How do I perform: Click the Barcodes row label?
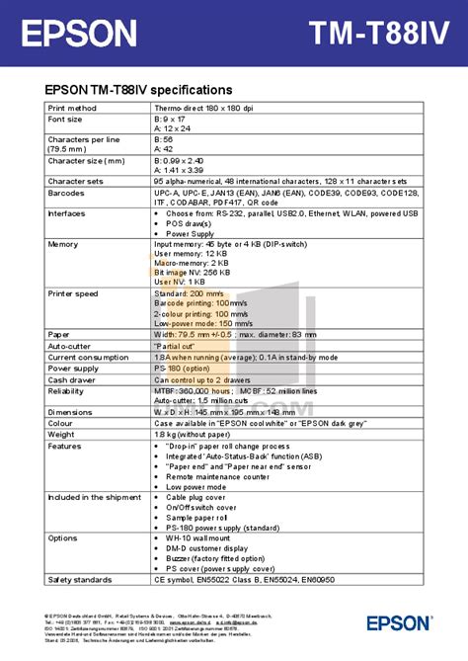pyautogui.click(x=67, y=193)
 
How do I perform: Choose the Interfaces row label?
pyautogui.click(x=68, y=213)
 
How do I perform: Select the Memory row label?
pyautogui.click(x=63, y=244)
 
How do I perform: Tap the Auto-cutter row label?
pyautogui.click(x=70, y=346)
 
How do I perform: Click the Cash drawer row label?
pyautogui.click(x=71, y=378)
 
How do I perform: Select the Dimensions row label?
pyautogui.click(x=70, y=411)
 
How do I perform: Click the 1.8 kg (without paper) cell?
pyautogui.click(x=194, y=433)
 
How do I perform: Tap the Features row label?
pyautogui.click(x=65, y=445)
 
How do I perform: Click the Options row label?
pyautogui.click(x=63, y=537)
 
